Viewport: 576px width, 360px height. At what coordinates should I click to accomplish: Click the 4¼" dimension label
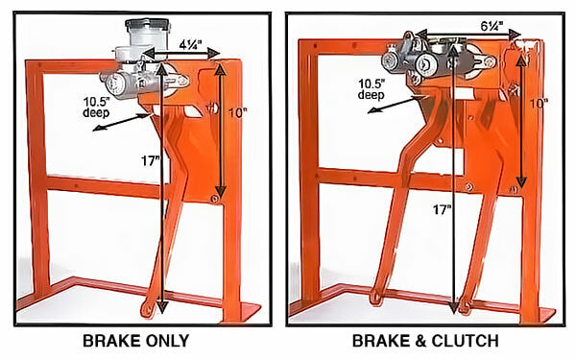tap(191, 45)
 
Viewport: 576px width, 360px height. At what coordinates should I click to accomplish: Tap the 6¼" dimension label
tap(492, 26)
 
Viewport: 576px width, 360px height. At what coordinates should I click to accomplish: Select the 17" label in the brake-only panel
tap(151, 160)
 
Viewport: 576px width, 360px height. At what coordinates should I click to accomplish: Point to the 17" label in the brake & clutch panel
tap(442, 209)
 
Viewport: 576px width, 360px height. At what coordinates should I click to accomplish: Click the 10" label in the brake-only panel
tap(238, 112)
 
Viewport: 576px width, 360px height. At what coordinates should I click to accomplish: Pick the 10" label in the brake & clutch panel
tap(539, 104)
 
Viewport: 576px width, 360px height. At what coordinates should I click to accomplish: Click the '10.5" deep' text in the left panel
tap(97, 107)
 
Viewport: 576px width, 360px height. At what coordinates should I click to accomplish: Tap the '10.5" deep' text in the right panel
tap(372, 89)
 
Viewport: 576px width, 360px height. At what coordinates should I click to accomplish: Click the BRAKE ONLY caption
tap(136, 341)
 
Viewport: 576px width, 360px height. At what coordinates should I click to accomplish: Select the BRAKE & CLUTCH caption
tap(425, 341)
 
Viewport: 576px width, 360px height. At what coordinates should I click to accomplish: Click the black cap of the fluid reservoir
tap(148, 25)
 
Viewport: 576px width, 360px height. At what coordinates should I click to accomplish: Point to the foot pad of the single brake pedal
tap(148, 308)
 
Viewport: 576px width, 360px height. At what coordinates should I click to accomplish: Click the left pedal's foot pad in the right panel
tap(377, 297)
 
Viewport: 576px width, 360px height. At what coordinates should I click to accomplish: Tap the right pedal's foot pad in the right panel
tap(465, 305)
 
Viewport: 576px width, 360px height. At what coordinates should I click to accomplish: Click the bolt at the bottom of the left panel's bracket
tap(214, 199)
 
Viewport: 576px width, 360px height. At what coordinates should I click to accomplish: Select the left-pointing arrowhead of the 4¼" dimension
tap(148, 54)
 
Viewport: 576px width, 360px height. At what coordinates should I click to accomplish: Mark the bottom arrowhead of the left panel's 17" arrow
tap(162, 307)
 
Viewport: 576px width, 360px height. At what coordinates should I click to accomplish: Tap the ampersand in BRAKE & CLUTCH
tap(420, 341)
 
